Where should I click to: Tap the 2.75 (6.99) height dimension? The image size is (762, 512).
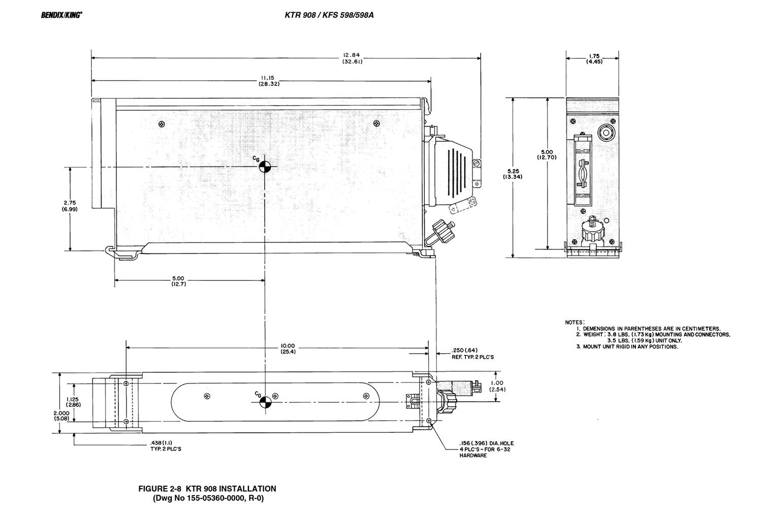70,206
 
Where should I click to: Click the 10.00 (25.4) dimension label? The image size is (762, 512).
288,349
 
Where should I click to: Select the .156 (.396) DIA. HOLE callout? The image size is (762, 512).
482,449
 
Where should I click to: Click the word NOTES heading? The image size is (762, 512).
575,322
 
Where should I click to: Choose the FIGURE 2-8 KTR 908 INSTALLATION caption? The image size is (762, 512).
207,489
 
